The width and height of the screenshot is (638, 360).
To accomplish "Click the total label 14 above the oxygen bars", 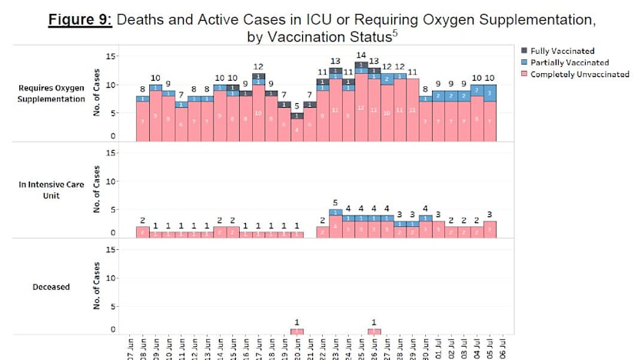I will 361,55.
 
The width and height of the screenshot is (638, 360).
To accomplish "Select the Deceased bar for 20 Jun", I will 297,332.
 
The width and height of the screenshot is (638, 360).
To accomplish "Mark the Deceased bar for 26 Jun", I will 374,332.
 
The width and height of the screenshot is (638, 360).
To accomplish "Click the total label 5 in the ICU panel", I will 335,203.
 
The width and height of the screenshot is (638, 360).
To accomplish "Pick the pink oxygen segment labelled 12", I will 361,108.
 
